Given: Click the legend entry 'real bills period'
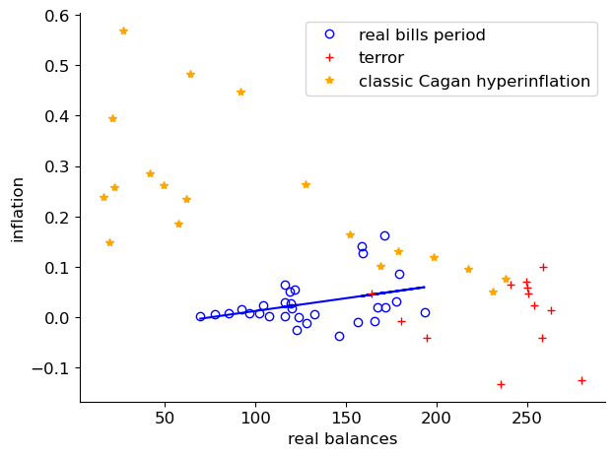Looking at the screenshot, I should click(x=422, y=35).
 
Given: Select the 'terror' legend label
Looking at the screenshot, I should click(x=380, y=58).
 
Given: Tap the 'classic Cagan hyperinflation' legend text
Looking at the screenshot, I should click(x=474, y=82).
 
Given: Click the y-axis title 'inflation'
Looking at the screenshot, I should click(x=17, y=209).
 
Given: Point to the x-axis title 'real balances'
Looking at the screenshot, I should click(x=342, y=439).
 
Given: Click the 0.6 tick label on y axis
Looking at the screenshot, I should click(x=55, y=16).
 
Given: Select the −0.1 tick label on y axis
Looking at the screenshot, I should click(x=50, y=368).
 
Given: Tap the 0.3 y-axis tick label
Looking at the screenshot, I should click(x=55, y=166).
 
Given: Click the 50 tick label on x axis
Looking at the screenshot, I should click(x=165, y=418).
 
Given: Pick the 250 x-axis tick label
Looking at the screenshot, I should click(x=526, y=418).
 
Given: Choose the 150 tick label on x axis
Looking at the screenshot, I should click(x=346, y=418).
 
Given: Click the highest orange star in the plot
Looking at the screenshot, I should click(x=123, y=31).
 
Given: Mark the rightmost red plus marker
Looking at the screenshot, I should click(x=581, y=380).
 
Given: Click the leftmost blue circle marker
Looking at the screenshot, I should click(x=200, y=316).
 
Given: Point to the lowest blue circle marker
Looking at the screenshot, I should click(x=339, y=336).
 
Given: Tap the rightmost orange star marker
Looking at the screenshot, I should click(x=506, y=279).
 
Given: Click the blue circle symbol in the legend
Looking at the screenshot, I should click(x=330, y=35).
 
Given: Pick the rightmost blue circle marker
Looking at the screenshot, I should click(x=425, y=312).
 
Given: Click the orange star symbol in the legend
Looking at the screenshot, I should click(x=330, y=82).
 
